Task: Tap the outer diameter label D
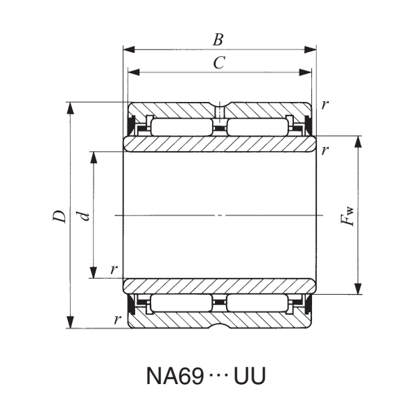[x=61, y=216]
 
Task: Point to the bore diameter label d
[x=84, y=216]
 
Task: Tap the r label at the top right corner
[x=326, y=104]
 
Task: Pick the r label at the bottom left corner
[x=118, y=320]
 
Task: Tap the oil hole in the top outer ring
[x=219, y=112]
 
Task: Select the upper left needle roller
[x=181, y=128]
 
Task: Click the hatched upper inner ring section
[x=219, y=144]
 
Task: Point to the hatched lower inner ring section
[x=219, y=286]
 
